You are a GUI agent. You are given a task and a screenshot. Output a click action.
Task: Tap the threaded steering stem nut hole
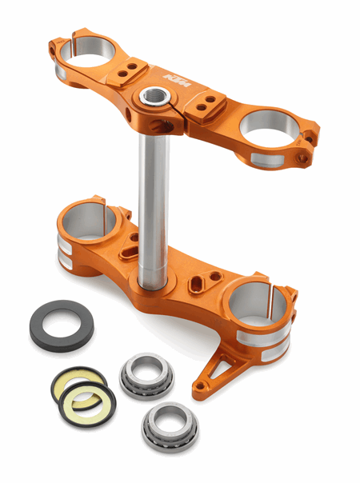(x=151, y=97)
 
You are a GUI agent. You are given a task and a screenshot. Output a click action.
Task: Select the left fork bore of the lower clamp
(x=90, y=219)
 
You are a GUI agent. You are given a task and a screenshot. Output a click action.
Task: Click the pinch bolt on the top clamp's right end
(x=304, y=158)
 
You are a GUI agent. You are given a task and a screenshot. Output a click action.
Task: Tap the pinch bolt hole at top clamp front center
(x=128, y=115)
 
